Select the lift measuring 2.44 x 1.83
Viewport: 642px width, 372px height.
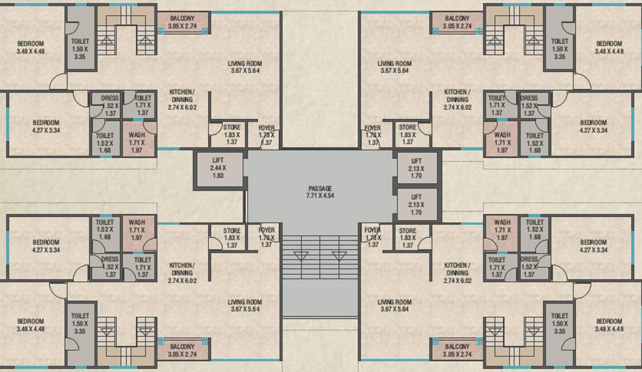218,168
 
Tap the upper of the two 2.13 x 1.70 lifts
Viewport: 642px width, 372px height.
417,168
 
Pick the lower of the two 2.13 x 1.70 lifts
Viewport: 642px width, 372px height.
417,204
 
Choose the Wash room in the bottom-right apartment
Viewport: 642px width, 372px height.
502,230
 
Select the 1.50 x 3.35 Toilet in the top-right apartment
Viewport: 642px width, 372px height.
559,48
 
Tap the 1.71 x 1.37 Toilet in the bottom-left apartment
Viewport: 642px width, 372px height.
142,267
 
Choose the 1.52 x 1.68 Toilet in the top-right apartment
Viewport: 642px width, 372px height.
534,143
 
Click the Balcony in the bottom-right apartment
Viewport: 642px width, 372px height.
457,350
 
